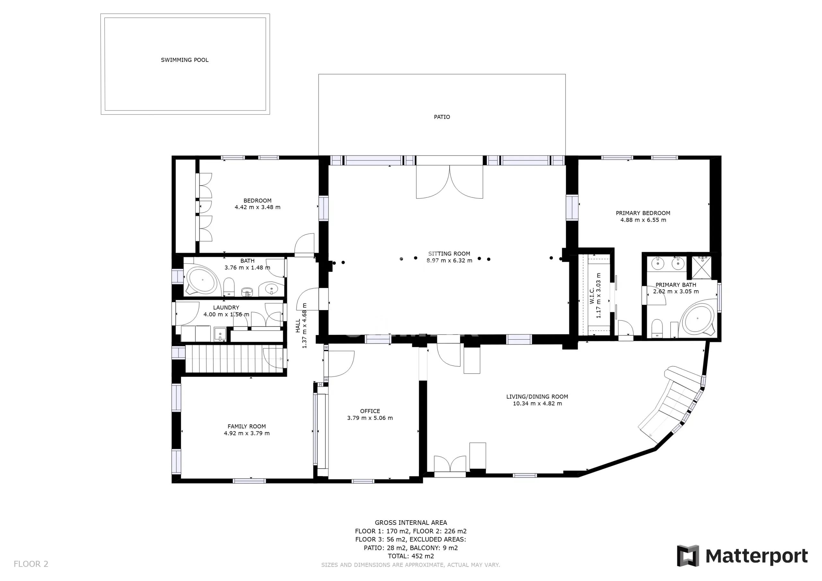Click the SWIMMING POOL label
pos(184,60)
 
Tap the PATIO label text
pos(442,117)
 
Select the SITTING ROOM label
pos(449,254)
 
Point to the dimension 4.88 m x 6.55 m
pos(643,220)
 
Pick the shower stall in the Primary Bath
pos(701,267)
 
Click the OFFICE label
pos(370,411)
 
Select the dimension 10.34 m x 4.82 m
pos(537,404)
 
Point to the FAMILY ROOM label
pos(247,427)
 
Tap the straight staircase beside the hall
pos(236,359)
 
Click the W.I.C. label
pos(592,296)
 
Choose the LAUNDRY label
pos(226,308)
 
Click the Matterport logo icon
pos(687,556)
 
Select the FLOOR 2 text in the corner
pos(31,564)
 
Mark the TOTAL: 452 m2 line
pos(411,556)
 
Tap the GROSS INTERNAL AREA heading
pos(411,523)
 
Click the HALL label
pos(298,326)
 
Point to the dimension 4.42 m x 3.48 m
pos(258,207)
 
